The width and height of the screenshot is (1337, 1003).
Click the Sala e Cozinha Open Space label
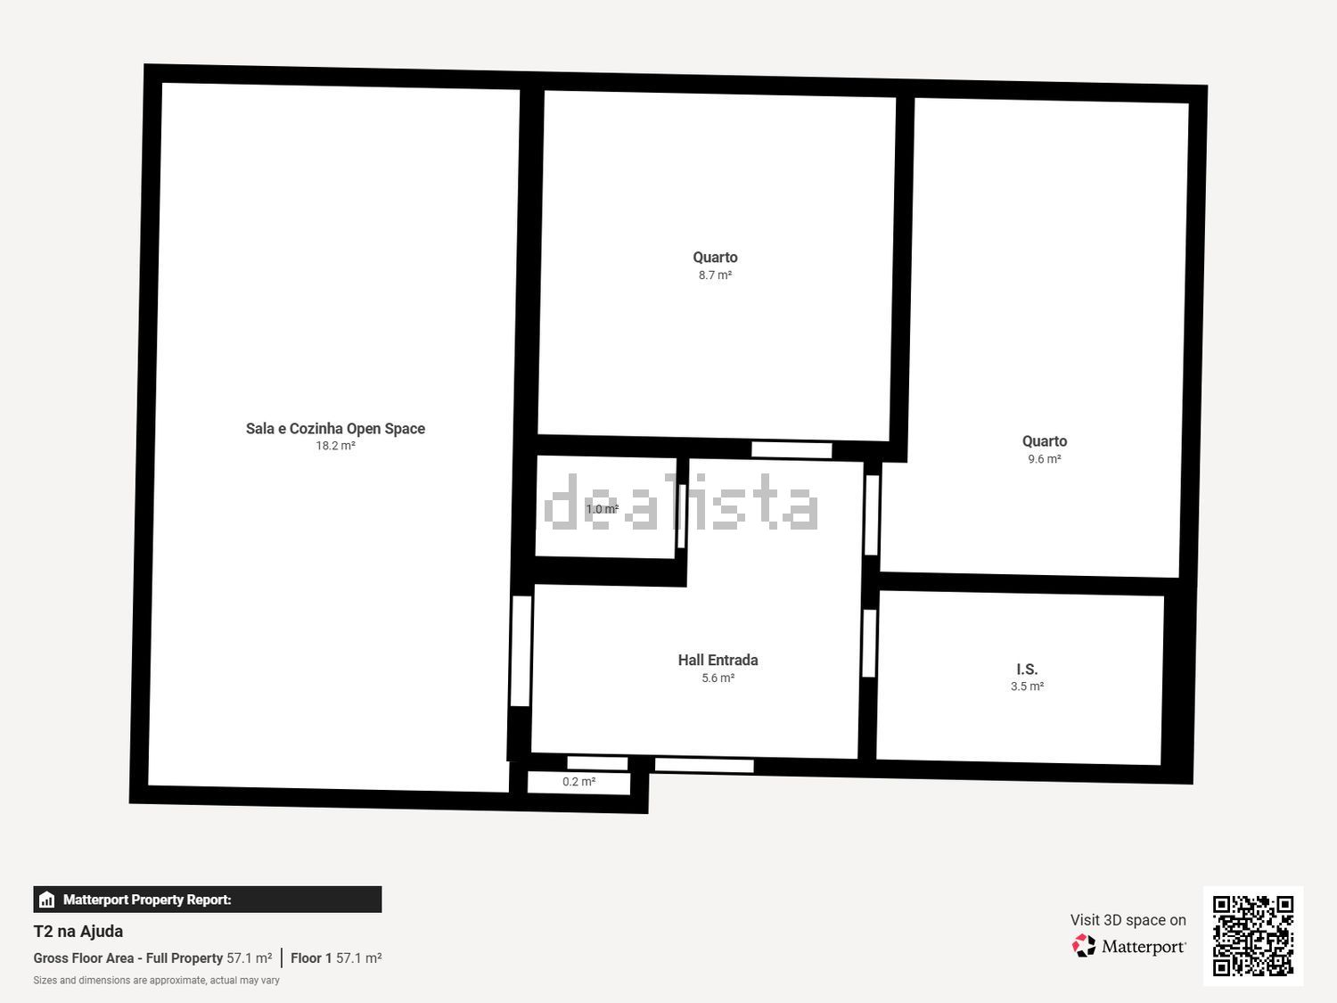pos(335,429)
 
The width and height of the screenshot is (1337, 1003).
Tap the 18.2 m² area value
pos(335,446)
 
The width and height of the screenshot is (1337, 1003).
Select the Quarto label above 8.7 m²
pos(715,258)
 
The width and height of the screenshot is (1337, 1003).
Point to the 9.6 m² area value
pos(1045,459)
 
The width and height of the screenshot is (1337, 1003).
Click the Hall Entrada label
pos(718,660)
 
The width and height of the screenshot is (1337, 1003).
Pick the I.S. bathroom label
pos(1027,670)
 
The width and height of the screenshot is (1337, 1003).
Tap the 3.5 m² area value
pos(1028,686)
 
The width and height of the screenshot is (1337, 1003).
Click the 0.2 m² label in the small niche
pos(578,781)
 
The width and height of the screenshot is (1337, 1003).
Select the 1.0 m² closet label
pos(603,509)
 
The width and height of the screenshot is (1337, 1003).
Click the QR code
pos(1253,936)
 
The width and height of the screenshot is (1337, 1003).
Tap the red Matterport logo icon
pos(1084,946)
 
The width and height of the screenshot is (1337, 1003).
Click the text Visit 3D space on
pos(1128,920)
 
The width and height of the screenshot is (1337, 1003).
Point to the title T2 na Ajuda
pos(78,931)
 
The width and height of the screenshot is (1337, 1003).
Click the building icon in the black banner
pos(46,900)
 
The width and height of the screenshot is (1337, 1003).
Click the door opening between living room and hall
pos(521,651)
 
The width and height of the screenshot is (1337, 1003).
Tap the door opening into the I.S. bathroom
pos(869,643)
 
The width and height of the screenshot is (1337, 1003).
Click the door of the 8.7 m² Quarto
pos(792,450)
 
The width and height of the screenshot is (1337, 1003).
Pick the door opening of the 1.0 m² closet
pos(682,516)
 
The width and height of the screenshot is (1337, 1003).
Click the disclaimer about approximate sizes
pos(157,981)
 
